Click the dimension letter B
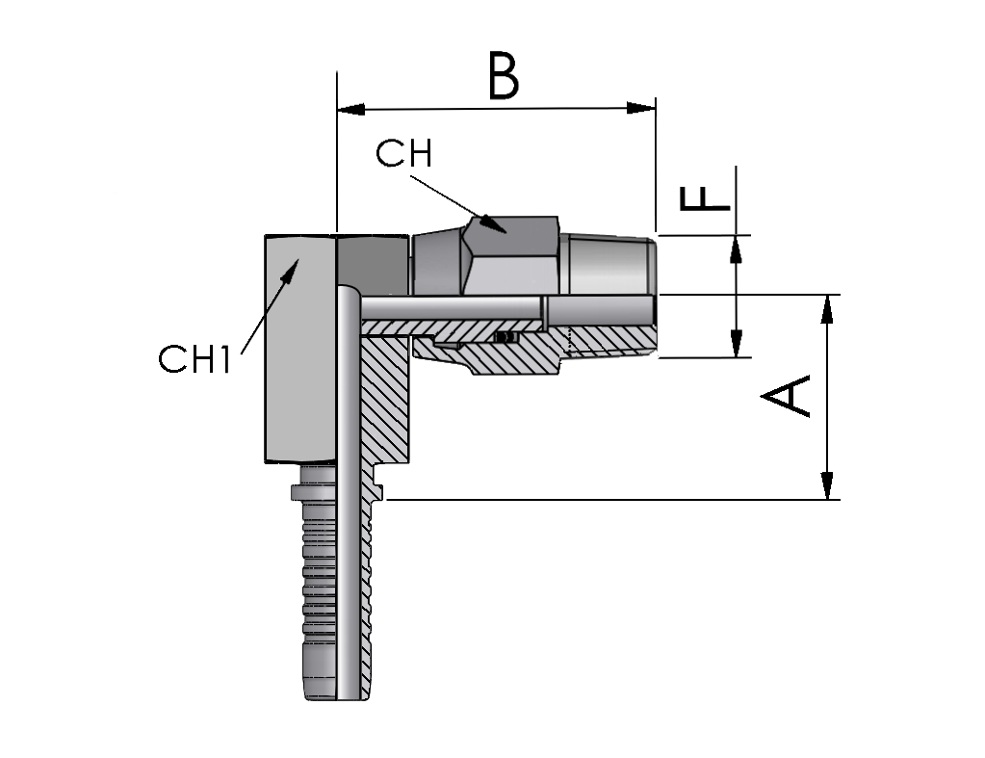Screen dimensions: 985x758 [504, 77]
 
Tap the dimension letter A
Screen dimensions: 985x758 [786, 395]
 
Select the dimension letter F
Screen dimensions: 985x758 [706, 197]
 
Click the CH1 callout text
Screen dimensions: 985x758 [194, 359]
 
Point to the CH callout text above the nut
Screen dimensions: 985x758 [404, 153]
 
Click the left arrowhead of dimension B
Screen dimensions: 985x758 [351, 110]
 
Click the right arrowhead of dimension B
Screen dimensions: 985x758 [641, 108]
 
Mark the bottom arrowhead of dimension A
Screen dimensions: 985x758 [829, 485]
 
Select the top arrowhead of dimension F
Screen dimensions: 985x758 [737, 249]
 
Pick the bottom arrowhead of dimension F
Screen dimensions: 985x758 [737, 343]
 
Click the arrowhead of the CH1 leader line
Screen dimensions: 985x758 [290, 272]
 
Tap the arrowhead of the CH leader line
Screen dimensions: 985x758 [494, 224]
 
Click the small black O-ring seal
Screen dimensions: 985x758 [505, 338]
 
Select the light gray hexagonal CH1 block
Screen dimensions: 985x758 [300, 349]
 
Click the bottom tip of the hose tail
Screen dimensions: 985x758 [336, 699]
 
